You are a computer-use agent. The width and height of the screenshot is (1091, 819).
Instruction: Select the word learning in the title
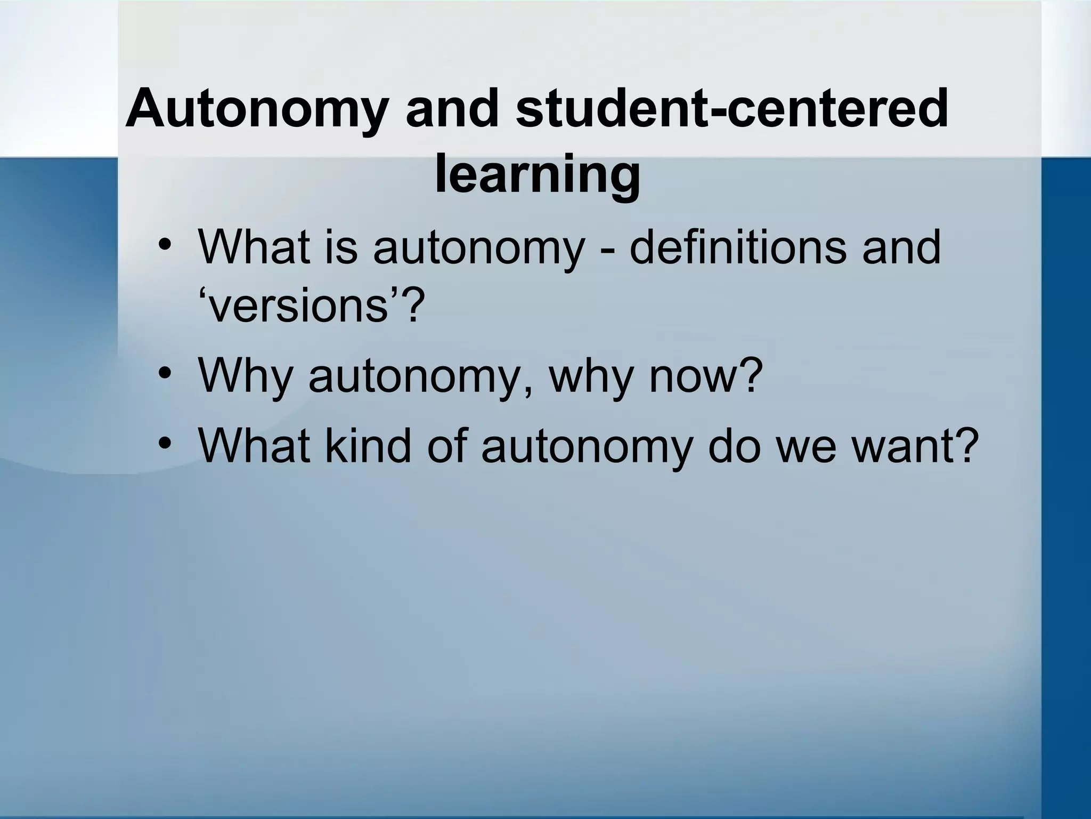[x=538, y=174]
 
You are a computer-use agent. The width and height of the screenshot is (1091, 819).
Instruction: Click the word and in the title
[x=451, y=109]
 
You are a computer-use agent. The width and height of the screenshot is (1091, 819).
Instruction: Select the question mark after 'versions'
[x=414, y=307]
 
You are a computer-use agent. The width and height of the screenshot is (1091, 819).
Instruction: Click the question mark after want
[x=967, y=446]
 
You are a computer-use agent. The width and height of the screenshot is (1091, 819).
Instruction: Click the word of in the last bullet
[x=448, y=446]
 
